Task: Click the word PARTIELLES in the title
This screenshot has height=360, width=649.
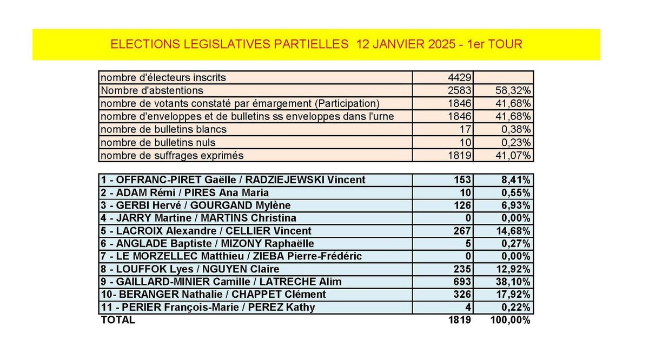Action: pos(311,44)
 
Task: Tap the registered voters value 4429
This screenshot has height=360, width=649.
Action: pos(460,78)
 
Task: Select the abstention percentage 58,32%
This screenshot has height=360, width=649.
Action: pos(513,91)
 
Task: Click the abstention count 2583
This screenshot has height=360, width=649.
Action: pos(460,91)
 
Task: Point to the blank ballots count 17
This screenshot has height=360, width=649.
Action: pos(465,129)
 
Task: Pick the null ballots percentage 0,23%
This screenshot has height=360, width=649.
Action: pos(516,143)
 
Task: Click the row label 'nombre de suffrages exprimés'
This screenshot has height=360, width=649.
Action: pos(172,156)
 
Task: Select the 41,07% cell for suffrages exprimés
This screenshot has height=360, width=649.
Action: pos(513,156)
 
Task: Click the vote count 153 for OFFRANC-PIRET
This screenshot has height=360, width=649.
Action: pos(462,180)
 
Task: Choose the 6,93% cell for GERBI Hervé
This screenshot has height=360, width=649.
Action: pos(516,205)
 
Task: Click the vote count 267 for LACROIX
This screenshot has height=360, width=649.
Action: pos(462,231)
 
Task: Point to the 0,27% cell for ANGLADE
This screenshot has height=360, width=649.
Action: pos(516,244)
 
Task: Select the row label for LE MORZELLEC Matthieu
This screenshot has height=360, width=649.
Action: pos(231,256)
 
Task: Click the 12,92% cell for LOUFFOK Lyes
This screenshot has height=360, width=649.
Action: pos(513,269)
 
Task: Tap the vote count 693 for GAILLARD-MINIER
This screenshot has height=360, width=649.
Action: pos(462,282)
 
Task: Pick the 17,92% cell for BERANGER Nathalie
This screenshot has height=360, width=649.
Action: pos(513,294)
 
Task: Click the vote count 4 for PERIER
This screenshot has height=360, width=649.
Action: pos(468,307)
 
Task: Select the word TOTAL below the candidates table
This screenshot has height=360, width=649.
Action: pos(118,320)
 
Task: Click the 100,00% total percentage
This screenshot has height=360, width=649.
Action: pos(510,320)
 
